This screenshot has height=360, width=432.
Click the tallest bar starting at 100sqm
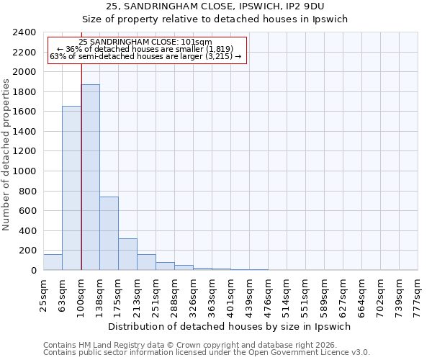coord(90,177)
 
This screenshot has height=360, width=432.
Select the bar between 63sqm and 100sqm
coord(71,188)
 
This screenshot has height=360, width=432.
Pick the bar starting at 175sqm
coord(127,254)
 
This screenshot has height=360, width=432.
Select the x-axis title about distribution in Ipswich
coord(230,326)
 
